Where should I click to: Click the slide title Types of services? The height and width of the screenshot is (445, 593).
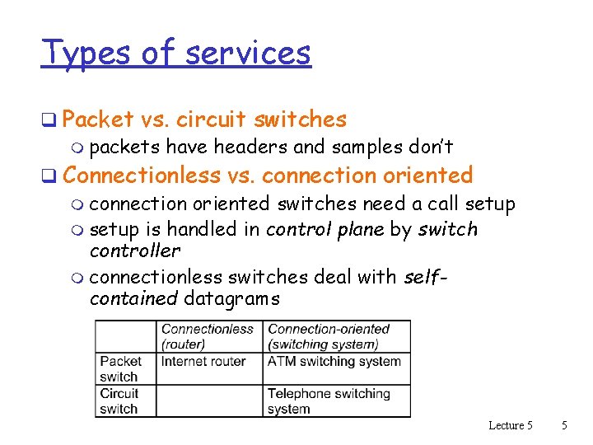click(176, 53)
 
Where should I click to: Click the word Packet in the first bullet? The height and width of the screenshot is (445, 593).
click(97, 119)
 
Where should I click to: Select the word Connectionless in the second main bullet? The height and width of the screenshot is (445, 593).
click(141, 175)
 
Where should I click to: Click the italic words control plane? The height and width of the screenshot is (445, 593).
click(325, 229)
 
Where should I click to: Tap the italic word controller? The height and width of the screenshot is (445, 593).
click(134, 251)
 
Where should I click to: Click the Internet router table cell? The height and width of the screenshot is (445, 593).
click(203, 361)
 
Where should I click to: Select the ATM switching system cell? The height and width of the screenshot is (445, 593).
click(334, 361)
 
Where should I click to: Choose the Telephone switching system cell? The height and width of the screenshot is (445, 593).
click(328, 401)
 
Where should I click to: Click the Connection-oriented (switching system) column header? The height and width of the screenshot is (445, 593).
click(328, 336)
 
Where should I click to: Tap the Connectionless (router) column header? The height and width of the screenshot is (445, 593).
click(207, 336)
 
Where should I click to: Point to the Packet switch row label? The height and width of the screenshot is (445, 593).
click(120, 368)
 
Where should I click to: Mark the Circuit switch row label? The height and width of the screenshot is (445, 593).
click(119, 401)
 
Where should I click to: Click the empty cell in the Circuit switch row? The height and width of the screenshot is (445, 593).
click(210, 401)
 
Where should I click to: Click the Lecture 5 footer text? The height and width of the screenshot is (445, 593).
click(511, 425)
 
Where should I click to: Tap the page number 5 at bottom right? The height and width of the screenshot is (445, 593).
click(564, 425)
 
